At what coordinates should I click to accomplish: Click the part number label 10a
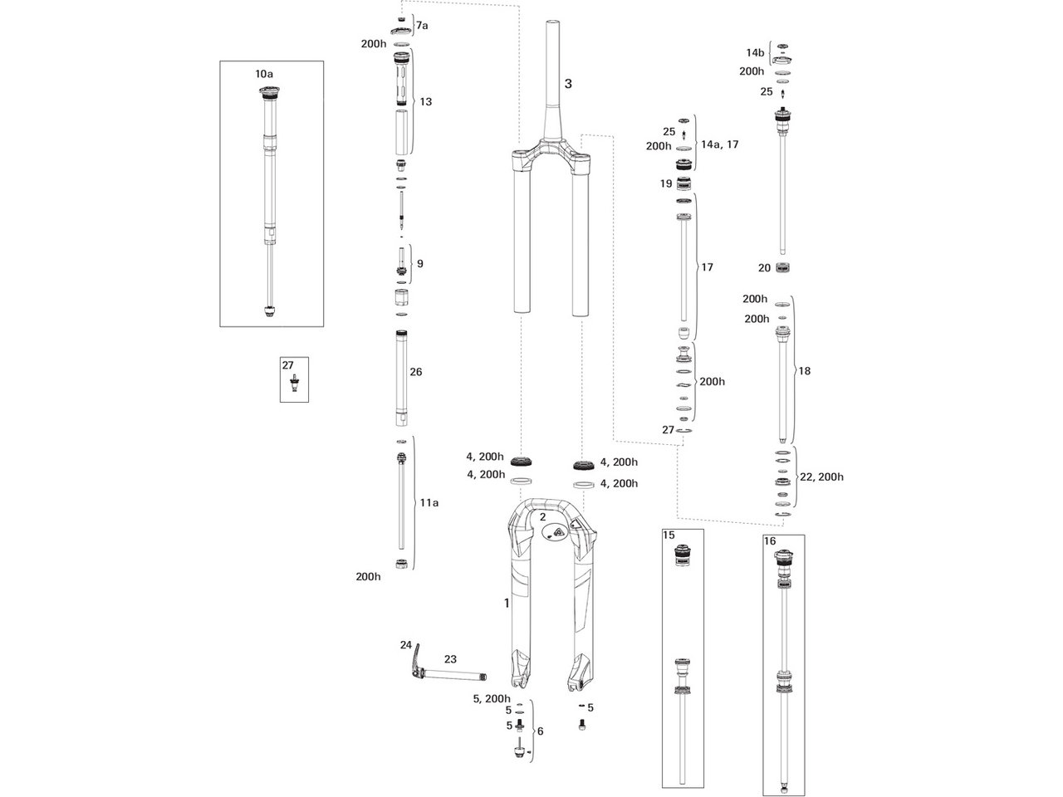coord(264,74)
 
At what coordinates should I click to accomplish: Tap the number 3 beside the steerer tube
coord(568,84)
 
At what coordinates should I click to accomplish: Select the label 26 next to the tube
coord(415,372)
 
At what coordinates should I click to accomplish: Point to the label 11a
coord(429,503)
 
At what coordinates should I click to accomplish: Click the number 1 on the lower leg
coord(507,603)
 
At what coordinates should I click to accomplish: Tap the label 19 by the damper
coord(666,183)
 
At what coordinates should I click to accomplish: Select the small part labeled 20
coord(783,267)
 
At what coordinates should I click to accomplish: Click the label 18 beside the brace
coord(804,370)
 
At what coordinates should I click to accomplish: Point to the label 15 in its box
coord(669,535)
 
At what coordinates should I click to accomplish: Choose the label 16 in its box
coord(770,540)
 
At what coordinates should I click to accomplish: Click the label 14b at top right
coord(755,52)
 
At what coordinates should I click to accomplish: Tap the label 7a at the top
coord(422,25)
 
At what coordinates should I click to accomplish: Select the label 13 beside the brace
coord(426,101)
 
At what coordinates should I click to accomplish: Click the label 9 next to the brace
coord(420,264)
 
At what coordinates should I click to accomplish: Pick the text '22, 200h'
coord(821,477)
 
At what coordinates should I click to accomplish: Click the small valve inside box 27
coord(294,384)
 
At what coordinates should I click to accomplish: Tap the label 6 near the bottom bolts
coord(540,731)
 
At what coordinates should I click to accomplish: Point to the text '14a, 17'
coord(720,144)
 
